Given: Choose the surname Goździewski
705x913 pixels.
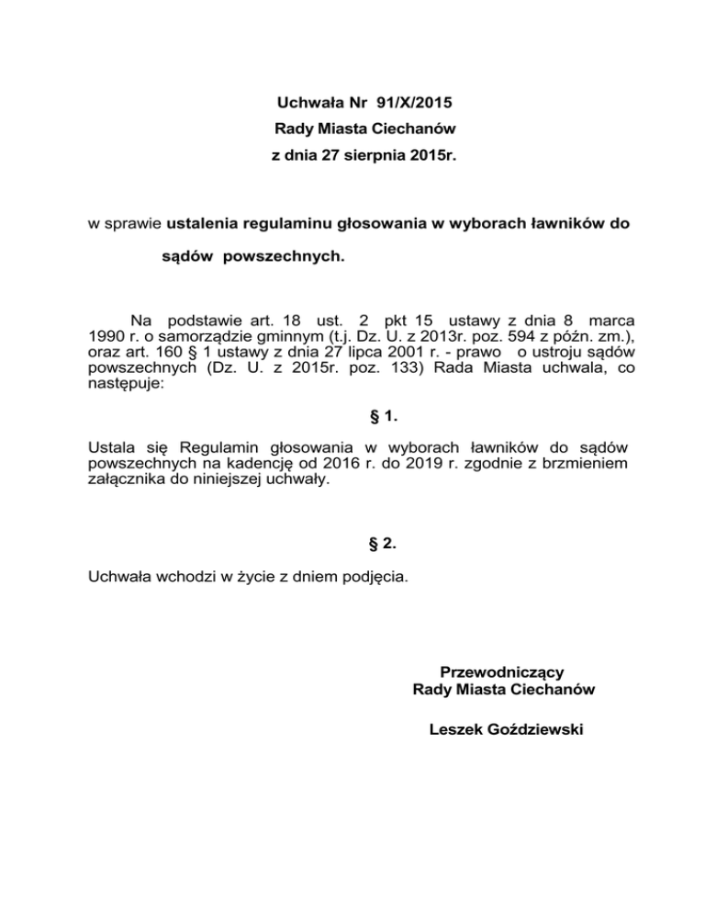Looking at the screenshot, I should pos(534,730).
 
